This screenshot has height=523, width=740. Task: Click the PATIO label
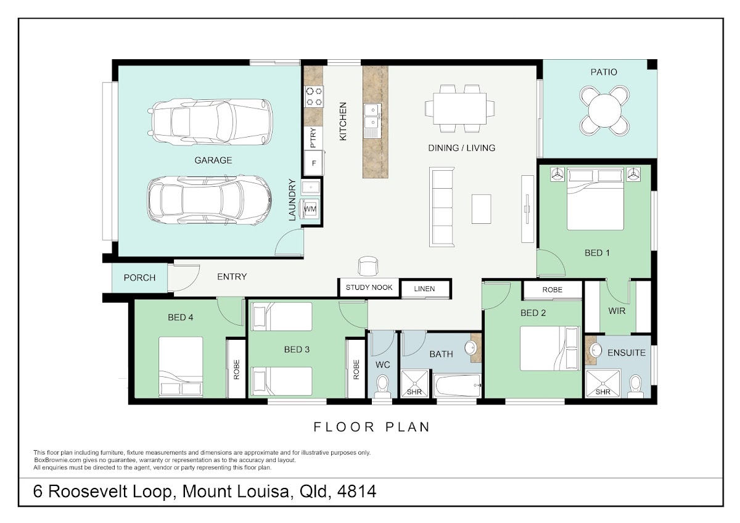click(604, 72)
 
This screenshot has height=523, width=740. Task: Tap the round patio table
click(604, 110)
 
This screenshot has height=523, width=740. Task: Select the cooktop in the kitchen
click(314, 96)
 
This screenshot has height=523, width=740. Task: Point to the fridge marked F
click(313, 163)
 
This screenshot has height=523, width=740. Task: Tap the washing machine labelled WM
click(310, 209)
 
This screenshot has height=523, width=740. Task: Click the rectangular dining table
click(459, 109)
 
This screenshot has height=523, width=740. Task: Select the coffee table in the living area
click(481, 209)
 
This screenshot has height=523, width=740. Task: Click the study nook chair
click(368, 266)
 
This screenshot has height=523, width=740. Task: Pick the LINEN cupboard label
click(424, 289)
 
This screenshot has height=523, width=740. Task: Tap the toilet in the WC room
click(382, 386)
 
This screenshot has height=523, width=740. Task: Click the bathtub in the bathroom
click(457, 385)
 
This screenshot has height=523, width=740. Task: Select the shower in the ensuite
click(603, 384)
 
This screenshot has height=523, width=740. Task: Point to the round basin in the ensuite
click(596, 350)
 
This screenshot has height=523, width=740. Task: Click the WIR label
click(617, 311)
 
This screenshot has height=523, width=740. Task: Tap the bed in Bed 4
click(181, 366)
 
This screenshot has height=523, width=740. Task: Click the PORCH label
click(139, 278)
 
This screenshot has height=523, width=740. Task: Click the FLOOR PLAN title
click(371, 427)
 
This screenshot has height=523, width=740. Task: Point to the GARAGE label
click(213, 160)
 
